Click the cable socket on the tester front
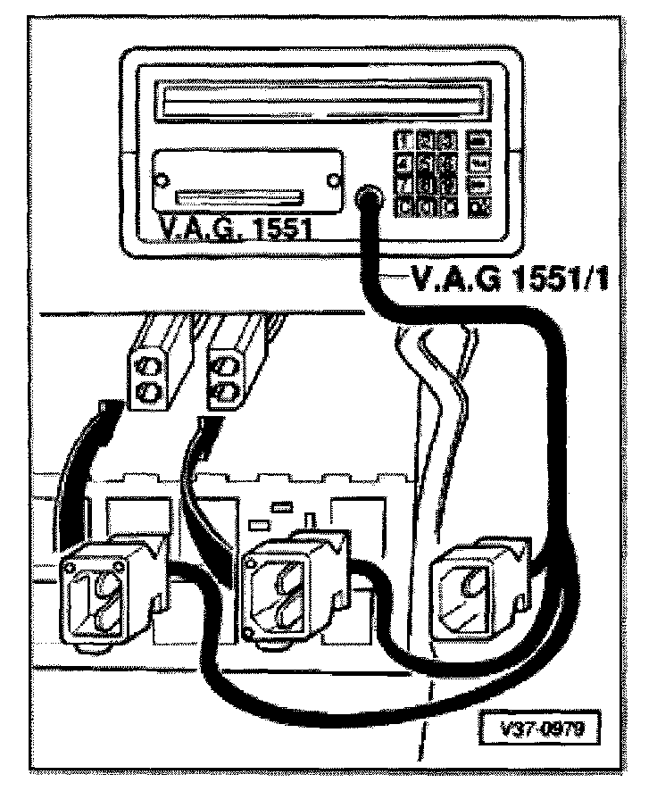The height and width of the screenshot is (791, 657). click(367, 198)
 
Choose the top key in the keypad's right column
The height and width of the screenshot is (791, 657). click(479, 140)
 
